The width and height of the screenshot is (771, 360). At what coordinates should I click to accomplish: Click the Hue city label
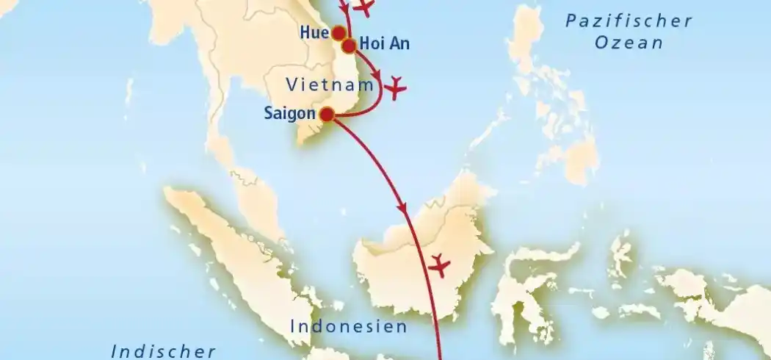[x=314, y=32]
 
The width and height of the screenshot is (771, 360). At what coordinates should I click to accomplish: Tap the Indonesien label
[x=349, y=326]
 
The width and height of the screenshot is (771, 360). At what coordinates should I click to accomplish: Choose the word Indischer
[x=163, y=351]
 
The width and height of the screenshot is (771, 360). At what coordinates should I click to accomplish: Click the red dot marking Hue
[x=339, y=33]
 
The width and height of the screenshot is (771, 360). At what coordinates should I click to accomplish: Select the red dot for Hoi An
[x=350, y=46]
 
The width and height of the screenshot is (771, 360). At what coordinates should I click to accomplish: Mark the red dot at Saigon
[x=327, y=114]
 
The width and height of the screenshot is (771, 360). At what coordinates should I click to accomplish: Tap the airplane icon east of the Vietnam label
[x=396, y=87]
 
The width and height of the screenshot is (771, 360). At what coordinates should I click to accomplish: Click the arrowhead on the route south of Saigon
[x=402, y=209]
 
